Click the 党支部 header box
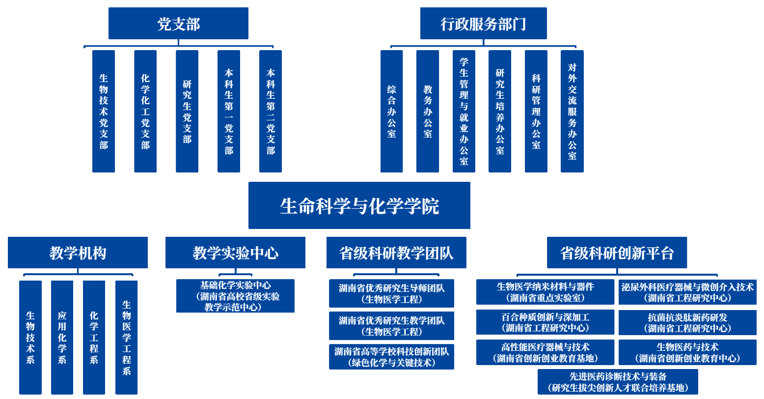pos(178,23)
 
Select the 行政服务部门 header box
pos(483,23)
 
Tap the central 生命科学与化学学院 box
pos(359,205)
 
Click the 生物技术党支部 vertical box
pos(104,111)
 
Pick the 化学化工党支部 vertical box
pos(145,111)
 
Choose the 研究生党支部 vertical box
pos(187,111)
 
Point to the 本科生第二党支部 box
pos(271,111)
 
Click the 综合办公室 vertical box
pos(391,111)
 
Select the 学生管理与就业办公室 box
pos(464,111)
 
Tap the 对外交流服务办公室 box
pos(572,111)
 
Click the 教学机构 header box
pos(78,253)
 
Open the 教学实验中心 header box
pos(235,253)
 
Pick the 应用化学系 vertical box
pos(62,337)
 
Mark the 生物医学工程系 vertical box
pos(126,337)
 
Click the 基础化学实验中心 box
pos(235,296)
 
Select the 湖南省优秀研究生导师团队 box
pos(391,293)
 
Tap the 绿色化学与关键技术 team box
pos(391,357)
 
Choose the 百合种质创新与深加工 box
pos(545,322)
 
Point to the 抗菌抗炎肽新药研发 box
pos(687,322)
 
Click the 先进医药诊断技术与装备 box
pos(618,382)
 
